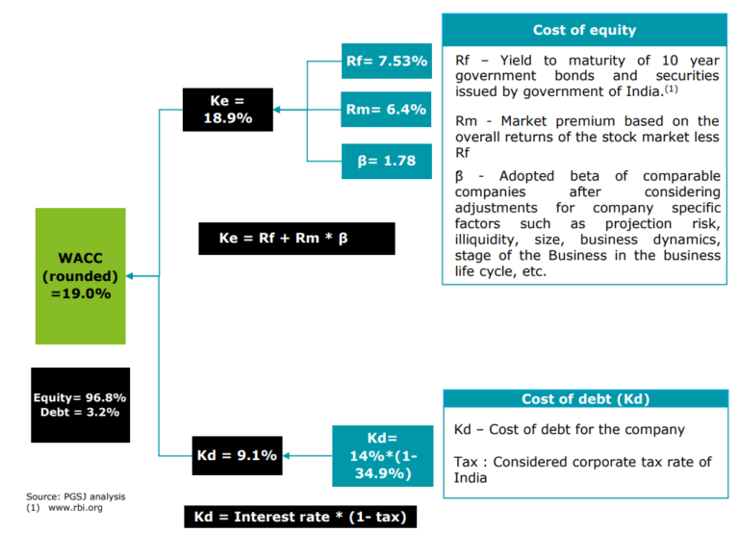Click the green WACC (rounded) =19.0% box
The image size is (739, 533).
tap(80, 276)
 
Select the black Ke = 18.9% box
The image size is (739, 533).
tap(227, 109)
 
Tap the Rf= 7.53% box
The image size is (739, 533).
tap(386, 62)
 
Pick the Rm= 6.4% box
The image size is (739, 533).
tap(386, 110)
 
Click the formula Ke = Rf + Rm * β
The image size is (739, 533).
tap(296, 238)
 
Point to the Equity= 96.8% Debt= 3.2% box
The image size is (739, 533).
tap(80, 405)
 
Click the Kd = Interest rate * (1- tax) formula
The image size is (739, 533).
tap(300, 517)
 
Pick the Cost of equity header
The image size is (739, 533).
tap(584, 30)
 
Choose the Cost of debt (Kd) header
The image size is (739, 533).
tap(584, 398)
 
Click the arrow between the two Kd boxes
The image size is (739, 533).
tap(308, 456)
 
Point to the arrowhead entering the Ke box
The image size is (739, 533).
tap(277, 110)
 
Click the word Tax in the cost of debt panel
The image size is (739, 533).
tap(468, 462)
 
